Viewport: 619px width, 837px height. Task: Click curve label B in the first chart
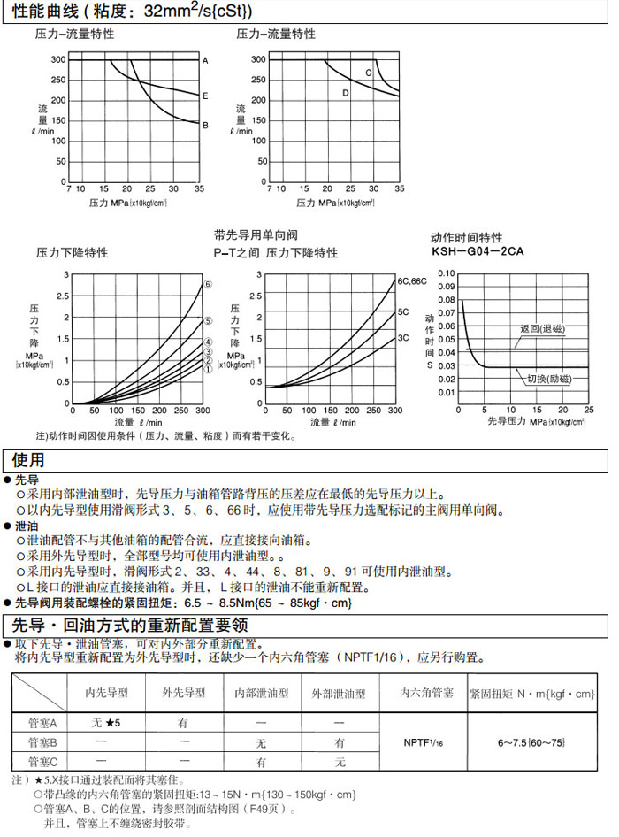pyautogui.click(x=205, y=125)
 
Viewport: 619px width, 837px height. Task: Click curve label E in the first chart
pyautogui.click(x=205, y=96)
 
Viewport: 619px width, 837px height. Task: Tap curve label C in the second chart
pyautogui.click(x=369, y=73)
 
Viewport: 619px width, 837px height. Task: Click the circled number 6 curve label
pyautogui.click(x=208, y=285)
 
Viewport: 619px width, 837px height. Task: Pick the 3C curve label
pyautogui.click(x=403, y=338)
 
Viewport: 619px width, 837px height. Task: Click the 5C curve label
pyautogui.click(x=403, y=311)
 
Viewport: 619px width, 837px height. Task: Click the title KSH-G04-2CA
pyautogui.click(x=478, y=251)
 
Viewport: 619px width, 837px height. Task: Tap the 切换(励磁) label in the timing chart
pyautogui.click(x=548, y=379)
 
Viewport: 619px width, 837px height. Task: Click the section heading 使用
pyautogui.click(x=27, y=460)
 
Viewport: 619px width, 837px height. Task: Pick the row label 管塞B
pyautogui.click(x=41, y=741)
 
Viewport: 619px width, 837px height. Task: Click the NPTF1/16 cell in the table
pyautogui.click(x=421, y=741)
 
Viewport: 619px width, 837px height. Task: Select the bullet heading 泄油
pyautogui.click(x=27, y=525)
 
